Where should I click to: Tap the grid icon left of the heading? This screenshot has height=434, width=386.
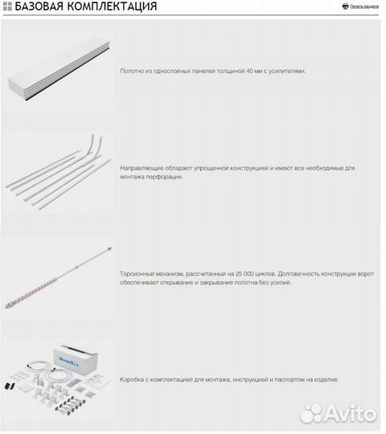click(7, 6)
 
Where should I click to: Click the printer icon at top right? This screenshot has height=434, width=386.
click(345, 6)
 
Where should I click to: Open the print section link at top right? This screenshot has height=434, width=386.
click(364, 6)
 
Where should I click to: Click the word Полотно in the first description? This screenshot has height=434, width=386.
click(132, 71)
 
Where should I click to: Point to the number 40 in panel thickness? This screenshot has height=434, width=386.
click(245, 71)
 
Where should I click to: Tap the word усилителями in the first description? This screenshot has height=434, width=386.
click(288, 71)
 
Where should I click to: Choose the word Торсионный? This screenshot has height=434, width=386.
click(138, 274)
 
